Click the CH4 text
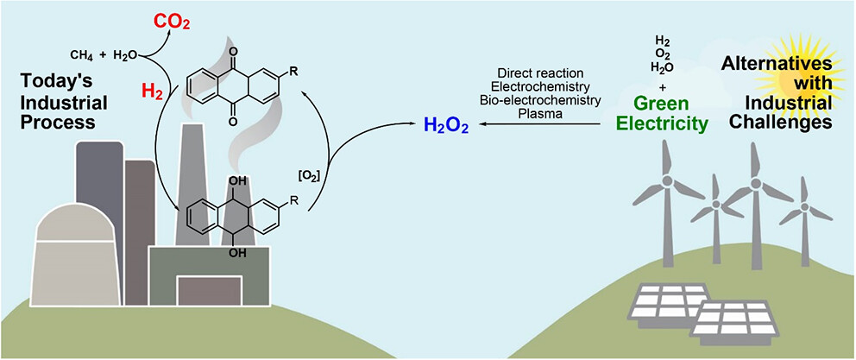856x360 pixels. [x=82, y=55]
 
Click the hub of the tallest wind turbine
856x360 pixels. [x=756, y=184]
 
